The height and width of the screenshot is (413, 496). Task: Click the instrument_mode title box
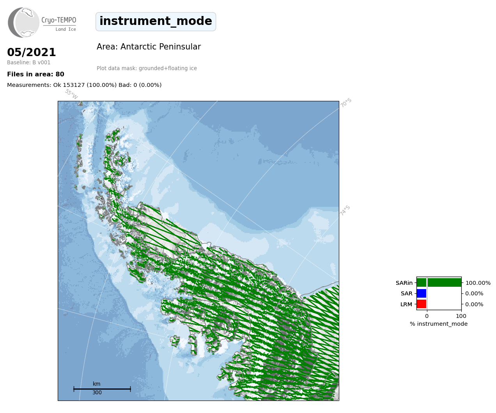(156, 21)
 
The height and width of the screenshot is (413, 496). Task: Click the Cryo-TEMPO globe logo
(23, 22)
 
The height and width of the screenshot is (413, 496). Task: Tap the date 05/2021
(31, 52)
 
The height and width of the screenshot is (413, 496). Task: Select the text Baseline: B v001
(29, 62)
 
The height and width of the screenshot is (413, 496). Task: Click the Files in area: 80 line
(35, 74)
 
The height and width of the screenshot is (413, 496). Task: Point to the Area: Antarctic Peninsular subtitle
(149, 47)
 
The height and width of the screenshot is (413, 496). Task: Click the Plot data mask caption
(147, 68)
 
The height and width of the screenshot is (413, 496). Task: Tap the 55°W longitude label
(71, 94)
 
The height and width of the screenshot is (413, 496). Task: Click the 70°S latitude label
(345, 103)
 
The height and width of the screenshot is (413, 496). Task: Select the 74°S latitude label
(345, 210)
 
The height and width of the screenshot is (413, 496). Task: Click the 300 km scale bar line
(102, 389)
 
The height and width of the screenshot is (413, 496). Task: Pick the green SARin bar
(439, 283)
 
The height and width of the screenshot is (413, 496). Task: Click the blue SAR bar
(422, 293)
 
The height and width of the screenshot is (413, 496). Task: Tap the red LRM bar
(422, 304)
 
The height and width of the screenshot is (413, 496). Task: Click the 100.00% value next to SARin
(478, 283)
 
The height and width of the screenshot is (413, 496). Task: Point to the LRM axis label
(406, 304)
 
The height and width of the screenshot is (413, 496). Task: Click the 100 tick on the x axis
(461, 316)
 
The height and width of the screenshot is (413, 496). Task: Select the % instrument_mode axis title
(439, 324)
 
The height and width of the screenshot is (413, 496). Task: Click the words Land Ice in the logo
(66, 30)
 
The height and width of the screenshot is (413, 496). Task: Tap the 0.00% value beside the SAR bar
(474, 294)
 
